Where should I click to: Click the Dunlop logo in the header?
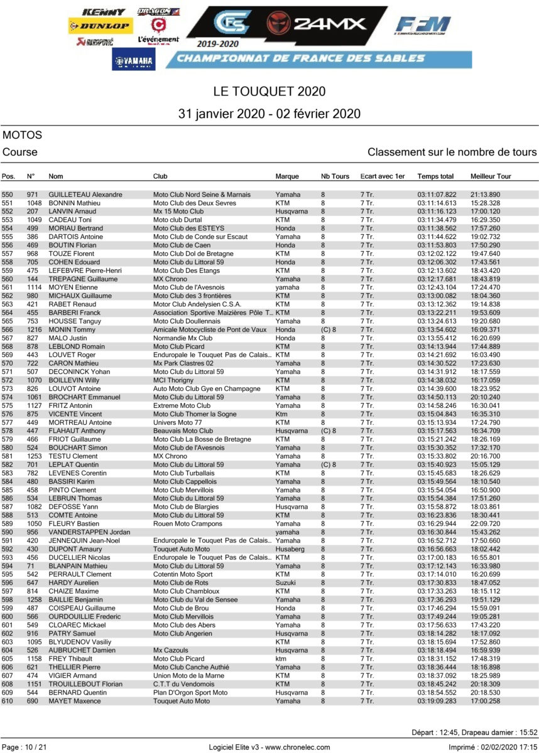100,26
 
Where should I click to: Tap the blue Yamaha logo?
134,60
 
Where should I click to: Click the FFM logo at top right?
423,26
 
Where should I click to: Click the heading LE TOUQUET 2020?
269,92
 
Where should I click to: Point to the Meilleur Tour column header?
491,177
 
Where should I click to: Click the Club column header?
160,177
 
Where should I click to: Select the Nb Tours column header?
335,177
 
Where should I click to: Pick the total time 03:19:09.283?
437,701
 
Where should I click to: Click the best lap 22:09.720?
485,523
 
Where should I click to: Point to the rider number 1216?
34,330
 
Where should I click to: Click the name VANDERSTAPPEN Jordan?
85,532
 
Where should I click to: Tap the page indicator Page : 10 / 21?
25,747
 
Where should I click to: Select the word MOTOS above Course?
22,135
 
